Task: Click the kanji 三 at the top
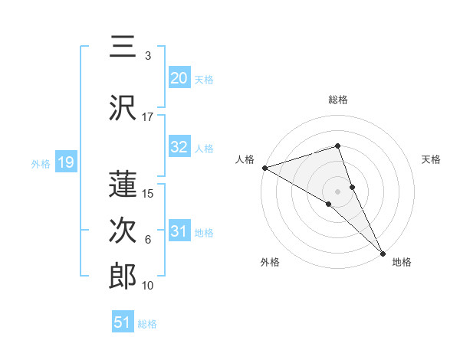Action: coord(123,48)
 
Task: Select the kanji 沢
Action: coord(123,108)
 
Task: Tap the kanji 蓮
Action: coord(123,184)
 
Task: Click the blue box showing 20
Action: coord(179,78)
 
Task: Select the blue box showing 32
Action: coord(179,148)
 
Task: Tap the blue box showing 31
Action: coord(179,232)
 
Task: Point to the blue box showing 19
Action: coord(65,162)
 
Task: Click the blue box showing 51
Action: coord(123,322)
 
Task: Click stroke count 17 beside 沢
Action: coord(148,117)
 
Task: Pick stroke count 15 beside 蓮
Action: coord(149,193)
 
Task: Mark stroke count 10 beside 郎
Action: coord(148,286)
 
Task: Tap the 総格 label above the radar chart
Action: coord(338,100)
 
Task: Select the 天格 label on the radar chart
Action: coord(431,159)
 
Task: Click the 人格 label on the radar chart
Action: coord(245,159)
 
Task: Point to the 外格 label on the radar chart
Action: coord(270,262)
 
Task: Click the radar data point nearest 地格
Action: coord(383,252)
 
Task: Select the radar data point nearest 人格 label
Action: coord(264,167)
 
